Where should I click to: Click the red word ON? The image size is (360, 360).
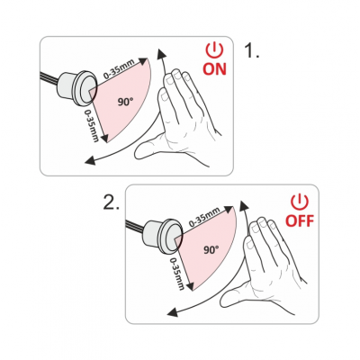click(x=215, y=68)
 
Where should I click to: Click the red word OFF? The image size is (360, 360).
click(x=300, y=220)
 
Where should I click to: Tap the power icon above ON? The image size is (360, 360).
click(x=215, y=50)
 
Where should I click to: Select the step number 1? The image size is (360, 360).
click(x=252, y=50)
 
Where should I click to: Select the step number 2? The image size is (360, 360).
click(x=112, y=203)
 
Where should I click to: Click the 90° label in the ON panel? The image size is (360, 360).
click(x=125, y=102)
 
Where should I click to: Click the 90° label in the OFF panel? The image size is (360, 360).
click(x=211, y=249)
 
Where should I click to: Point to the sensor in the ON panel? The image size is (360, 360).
click(x=78, y=87)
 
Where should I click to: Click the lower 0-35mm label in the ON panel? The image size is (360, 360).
click(x=92, y=125)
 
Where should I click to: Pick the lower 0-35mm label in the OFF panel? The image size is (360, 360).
click(x=177, y=274)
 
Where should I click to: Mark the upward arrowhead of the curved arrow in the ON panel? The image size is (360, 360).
click(x=163, y=55)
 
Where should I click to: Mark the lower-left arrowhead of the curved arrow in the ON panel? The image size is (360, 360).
click(x=90, y=160)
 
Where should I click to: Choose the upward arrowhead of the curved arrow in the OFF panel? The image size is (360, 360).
click(x=245, y=206)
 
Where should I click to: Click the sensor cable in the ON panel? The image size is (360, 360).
click(x=49, y=79)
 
